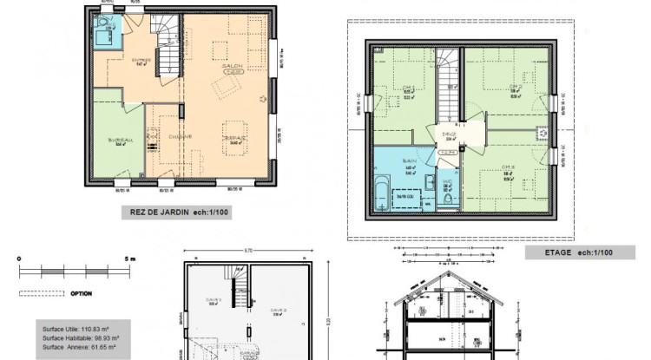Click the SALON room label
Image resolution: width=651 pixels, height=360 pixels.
(x=231, y=66)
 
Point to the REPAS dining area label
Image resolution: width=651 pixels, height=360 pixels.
(x=235, y=137)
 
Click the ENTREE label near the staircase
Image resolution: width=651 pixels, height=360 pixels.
(x=141, y=61)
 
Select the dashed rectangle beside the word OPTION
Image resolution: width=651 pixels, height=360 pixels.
(x=42, y=293)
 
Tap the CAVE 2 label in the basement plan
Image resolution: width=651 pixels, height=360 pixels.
(x=278, y=310)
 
